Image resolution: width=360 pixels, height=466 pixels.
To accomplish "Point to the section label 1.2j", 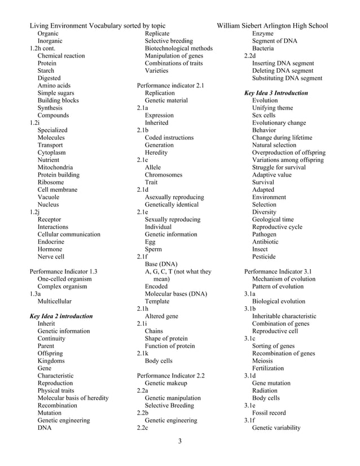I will click(34, 212).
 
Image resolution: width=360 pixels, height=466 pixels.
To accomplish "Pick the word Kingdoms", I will click(51, 361).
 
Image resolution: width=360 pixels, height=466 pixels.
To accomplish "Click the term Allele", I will click(153, 168).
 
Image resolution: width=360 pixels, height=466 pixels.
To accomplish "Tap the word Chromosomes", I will click(164, 175).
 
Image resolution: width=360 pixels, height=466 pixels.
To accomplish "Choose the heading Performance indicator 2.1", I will click(170, 86).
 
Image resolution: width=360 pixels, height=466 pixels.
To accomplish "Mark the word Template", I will click(159, 301).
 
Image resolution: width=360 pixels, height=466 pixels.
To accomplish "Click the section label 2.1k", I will click(143, 353).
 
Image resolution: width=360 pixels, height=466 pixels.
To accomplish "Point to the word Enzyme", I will click(262, 34).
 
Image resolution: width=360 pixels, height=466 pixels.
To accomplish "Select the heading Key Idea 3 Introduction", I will click(275, 93).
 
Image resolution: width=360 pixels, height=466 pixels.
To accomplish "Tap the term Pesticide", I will click(264, 256).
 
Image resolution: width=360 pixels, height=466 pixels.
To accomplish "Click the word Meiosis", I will click(263, 361).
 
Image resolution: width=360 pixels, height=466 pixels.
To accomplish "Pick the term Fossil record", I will click(269, 412).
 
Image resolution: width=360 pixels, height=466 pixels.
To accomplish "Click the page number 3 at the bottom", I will click(179, 441).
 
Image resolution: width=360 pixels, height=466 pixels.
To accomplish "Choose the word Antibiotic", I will click(265, 241).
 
